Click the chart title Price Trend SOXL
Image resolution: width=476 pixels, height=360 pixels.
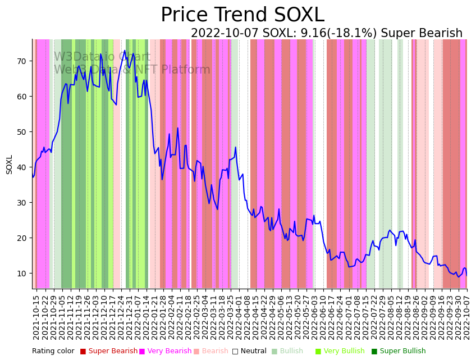point(242,15)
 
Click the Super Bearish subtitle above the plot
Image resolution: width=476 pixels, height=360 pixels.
point(327,34)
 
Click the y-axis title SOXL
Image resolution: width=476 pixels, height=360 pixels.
point(10,164)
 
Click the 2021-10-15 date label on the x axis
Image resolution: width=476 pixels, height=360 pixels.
point(36,317)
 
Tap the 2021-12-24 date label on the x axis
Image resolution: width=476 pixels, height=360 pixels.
point(120,317)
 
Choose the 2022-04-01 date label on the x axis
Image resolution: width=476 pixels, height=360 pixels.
point(238,317)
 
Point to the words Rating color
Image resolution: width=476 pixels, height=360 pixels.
point(53,351)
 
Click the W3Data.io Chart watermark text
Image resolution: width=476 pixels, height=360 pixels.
point(102,57)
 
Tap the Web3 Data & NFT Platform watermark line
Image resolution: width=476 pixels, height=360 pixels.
point(132,70)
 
